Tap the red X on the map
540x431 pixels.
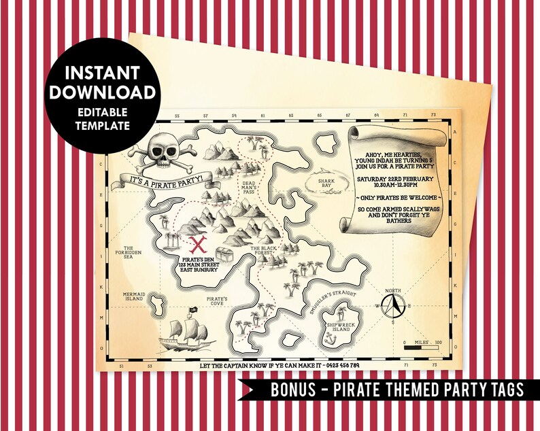click(x=199, y=244)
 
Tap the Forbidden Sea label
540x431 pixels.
click(x=131, y=252)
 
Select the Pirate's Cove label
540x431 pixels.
click(x=218, y=300)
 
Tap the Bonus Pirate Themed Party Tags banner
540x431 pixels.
click(x=397, y=390)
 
